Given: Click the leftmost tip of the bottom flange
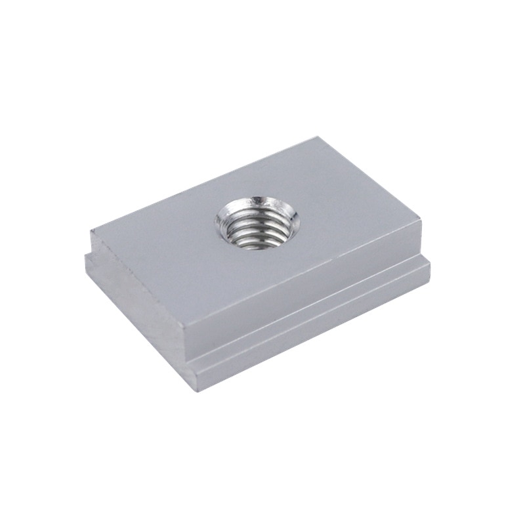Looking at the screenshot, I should pyautogui.click(x=85, y=257).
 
